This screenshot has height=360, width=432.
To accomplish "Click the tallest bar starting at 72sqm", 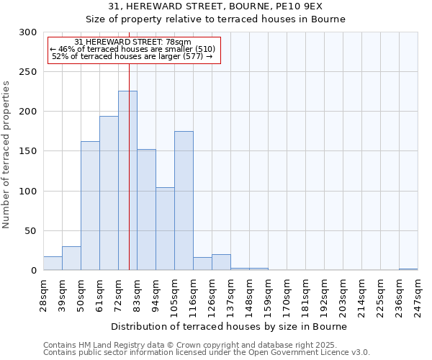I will click(127, 181).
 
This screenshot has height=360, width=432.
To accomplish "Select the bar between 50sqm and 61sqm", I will click(90, 206).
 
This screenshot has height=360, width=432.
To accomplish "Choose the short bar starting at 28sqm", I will click(53, 264).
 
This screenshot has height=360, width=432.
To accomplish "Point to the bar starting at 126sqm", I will click(221, 263).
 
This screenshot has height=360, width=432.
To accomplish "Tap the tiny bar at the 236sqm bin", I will click(408, 269).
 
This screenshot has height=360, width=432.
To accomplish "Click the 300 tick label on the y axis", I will click(28, 32).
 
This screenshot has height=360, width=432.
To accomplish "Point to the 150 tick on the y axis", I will click(28, 152).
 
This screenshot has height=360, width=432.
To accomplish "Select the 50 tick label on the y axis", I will click(31, 231).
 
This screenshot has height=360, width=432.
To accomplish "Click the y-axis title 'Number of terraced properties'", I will click(7, 155).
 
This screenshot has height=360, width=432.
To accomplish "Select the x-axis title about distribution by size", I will click(230, 326).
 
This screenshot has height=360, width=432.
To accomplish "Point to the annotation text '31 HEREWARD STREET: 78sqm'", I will click(132, 42).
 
